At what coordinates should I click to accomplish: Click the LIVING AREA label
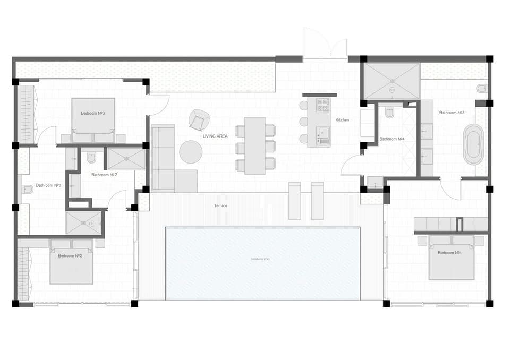point(215,136)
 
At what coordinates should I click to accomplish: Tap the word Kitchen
point(342,120)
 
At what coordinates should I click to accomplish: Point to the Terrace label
point(220,205)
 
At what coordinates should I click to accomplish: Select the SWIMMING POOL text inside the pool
point(260,259)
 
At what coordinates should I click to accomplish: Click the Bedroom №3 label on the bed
point(93,113)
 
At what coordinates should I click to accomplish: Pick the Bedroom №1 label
point(449,253)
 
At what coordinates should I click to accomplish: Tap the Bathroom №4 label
point(392,139)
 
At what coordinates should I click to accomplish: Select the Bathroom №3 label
point(49,186)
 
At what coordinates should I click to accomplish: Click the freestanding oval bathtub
point(473,144)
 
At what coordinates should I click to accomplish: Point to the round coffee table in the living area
point(191,152)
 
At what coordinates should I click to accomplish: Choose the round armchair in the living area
point(199,120)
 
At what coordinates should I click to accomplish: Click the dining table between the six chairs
point(255,145)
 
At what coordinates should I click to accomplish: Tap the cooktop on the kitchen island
point(323,105)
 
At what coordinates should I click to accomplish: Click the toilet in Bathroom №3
point(27,190)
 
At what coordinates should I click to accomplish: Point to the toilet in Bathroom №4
point(389,113)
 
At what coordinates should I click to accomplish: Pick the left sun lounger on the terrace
point(294,201)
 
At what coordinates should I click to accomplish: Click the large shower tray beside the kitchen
point(392,81)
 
